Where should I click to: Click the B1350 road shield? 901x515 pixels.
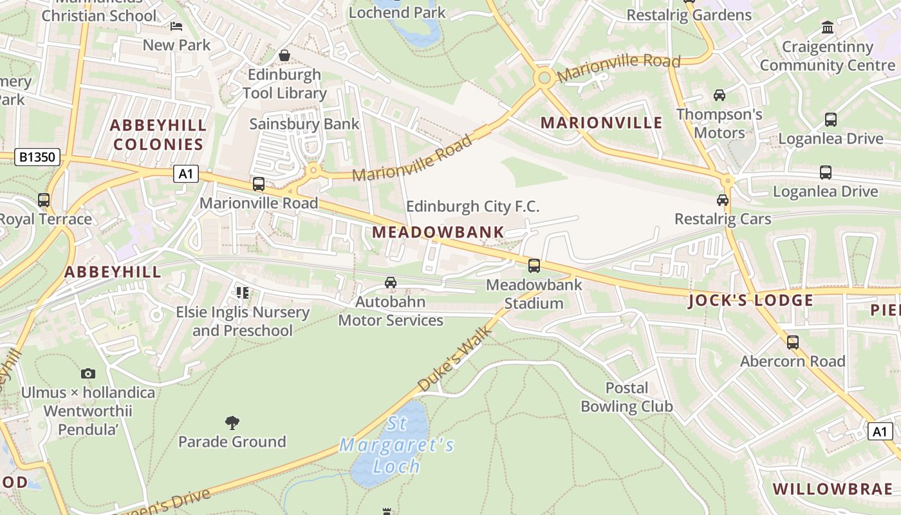point(37,157)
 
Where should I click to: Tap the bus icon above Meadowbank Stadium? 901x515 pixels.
point(534,265)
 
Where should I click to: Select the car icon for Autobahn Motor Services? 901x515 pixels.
point(390,282)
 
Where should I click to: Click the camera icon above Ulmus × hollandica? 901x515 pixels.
point(88,373)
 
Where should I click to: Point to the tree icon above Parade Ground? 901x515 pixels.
point(232,422)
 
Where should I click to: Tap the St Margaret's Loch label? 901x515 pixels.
point(396,445)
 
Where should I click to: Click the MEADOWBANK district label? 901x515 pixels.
point(438,232)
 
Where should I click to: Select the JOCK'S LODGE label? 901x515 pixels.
point(751,301)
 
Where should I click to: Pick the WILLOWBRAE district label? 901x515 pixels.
point(833,488)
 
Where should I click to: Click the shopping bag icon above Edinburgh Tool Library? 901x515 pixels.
point(284,56)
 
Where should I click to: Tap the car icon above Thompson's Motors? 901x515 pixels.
point(719,95)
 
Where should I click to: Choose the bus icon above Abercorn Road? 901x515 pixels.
point(792,342)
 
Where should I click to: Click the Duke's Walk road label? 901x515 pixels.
point(455,359)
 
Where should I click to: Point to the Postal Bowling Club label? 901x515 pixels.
point(626,397)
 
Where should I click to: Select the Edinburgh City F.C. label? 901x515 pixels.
point(472,207)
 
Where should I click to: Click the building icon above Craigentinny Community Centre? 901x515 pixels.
point(827,28)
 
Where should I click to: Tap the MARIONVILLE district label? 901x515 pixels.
point(601,123)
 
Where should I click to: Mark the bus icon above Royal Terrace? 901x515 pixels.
point(43,200)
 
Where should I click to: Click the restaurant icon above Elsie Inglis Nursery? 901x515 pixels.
point(243,293)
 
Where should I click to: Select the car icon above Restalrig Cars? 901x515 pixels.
point(723,200)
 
